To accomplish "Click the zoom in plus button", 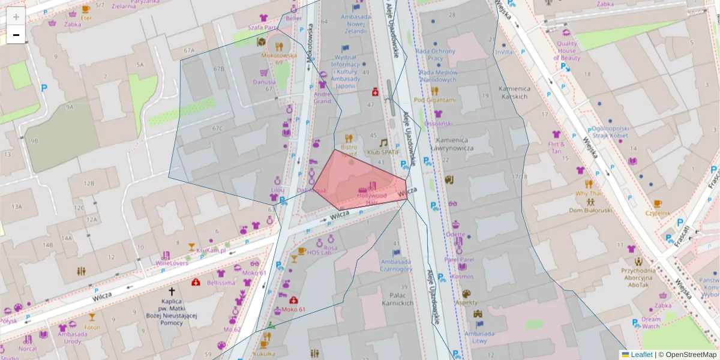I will click(16, 17).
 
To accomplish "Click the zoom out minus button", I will click(16, 35).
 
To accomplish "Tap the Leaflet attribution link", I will click(641, 355).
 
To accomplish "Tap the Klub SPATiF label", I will click(383, 153).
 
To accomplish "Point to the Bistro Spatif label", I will click(348, 150).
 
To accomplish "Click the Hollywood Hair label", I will click(371, 199).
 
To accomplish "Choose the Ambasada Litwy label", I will click(479, 337).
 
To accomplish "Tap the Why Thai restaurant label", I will click(589, 194).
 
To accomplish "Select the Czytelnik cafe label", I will click(657, 212).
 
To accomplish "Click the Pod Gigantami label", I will click(435, 100).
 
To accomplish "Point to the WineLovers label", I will click(172, 263).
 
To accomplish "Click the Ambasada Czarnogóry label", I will click(395, 265).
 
